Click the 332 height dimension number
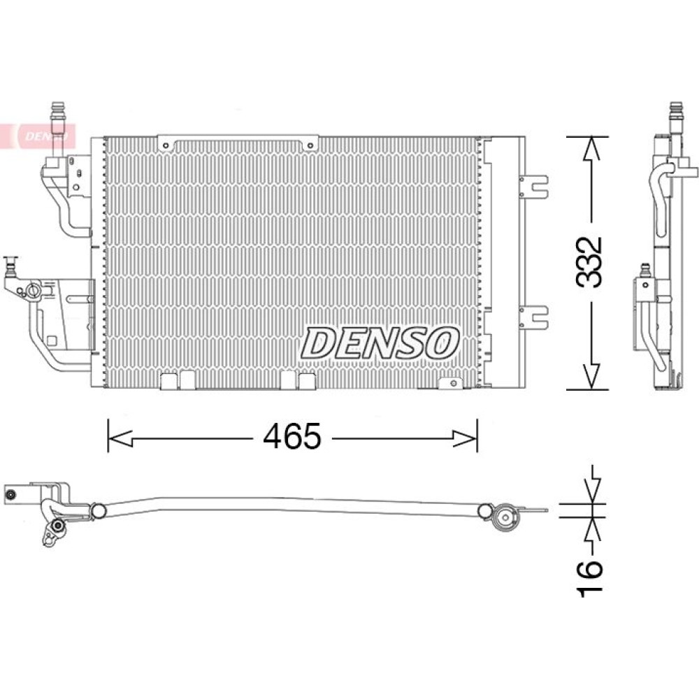pyautogui.click(x=589, y=262)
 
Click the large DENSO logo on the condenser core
pyautogui.click(x=380, y=343)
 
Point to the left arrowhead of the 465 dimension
pyautogui.click(x=120, y=438)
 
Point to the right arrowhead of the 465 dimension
pyautogui.click(x=465, y=438)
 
